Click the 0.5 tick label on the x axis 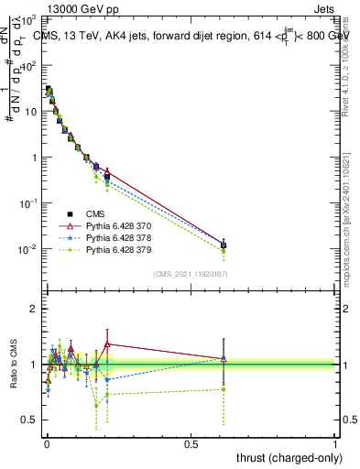pyautogui.click(x=191, y=444)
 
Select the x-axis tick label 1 pyautogui.click(x=335, y=444)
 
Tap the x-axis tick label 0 pyautogui.click(x=46, y=444)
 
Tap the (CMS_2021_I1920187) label pyautogui.click(x=191, y=274)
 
